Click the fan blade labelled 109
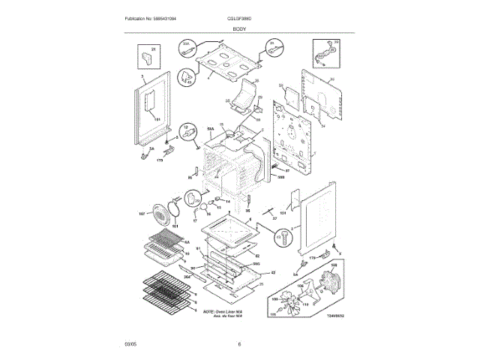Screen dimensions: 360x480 pos(299,302)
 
